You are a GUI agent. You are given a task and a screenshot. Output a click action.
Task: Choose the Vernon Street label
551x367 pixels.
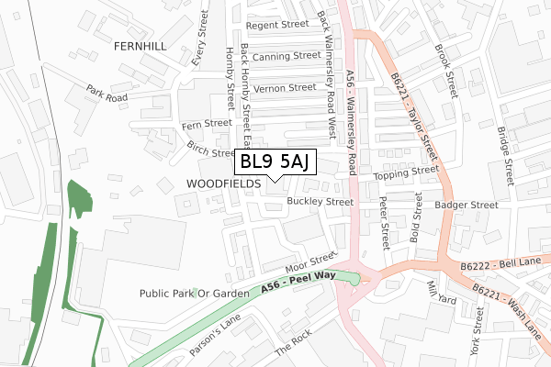[x=286, y=88]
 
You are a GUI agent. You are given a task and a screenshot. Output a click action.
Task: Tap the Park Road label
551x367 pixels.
[x=107, y=94]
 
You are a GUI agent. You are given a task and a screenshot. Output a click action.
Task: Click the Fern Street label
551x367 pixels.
[x=207, y=123]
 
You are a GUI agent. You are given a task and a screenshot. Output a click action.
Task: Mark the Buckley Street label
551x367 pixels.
[x=320, y=201]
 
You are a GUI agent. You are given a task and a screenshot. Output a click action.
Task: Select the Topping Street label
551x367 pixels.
[x=407, y=172]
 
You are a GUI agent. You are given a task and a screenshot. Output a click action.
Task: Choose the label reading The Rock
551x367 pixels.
[x=293, y=350]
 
